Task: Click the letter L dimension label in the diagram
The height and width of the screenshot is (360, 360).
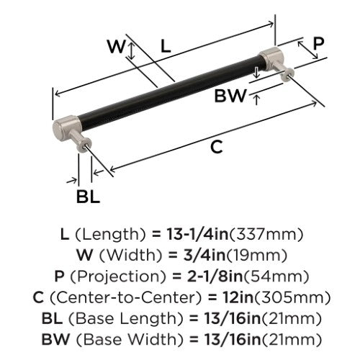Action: point(166,46)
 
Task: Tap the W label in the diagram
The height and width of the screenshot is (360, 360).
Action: point(117,47)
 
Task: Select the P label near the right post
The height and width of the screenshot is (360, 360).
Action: point(318,43)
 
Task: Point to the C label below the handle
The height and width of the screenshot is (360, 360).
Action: point(217,147)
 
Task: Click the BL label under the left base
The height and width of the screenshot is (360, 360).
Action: point(88,197)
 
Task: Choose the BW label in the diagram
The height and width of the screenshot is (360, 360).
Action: point(230,96)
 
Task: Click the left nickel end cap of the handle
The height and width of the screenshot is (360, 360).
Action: point(66,127)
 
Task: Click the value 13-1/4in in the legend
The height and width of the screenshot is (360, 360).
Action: point(197,234)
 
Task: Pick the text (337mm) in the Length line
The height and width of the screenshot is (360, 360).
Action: point(266,235)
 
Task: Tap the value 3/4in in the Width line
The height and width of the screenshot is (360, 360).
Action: point(204,255)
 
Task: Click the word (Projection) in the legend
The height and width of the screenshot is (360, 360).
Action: point(118,276)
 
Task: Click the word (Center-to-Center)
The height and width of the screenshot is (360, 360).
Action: point(126,297)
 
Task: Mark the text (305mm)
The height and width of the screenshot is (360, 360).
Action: point(292,297)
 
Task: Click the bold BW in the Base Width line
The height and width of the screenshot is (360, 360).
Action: point(55,339)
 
